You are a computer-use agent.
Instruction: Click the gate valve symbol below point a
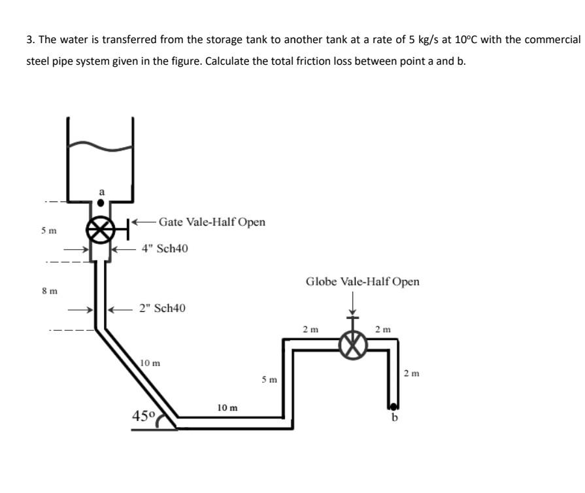(x=100, y=230)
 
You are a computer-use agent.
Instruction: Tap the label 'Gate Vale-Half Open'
(x=212, y=222)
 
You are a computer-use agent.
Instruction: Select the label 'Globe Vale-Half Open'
(x=363, y=282)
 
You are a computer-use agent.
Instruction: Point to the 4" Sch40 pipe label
(x=165, y=249)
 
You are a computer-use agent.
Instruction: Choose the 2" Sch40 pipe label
(x=163, y=308)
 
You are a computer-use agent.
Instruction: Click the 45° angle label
(x=143, y=415)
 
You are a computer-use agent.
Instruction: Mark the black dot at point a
(x=100, y=203)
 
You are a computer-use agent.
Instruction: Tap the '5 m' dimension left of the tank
(x=48, y=231)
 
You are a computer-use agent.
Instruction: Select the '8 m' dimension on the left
(x=48, y=290)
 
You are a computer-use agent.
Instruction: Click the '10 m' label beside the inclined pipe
(x=150, y=362)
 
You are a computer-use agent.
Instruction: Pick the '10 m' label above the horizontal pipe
(x=227, y=407)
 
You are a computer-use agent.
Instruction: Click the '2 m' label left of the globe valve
(x=310, y=329)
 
